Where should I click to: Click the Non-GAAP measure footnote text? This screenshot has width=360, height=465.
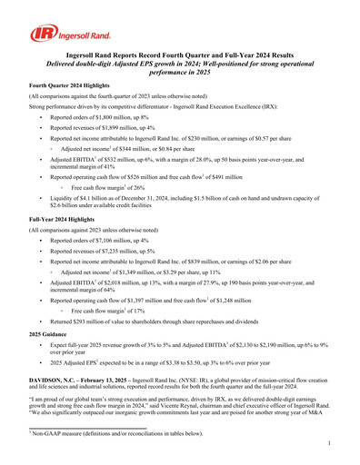(x=114, y=433)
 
